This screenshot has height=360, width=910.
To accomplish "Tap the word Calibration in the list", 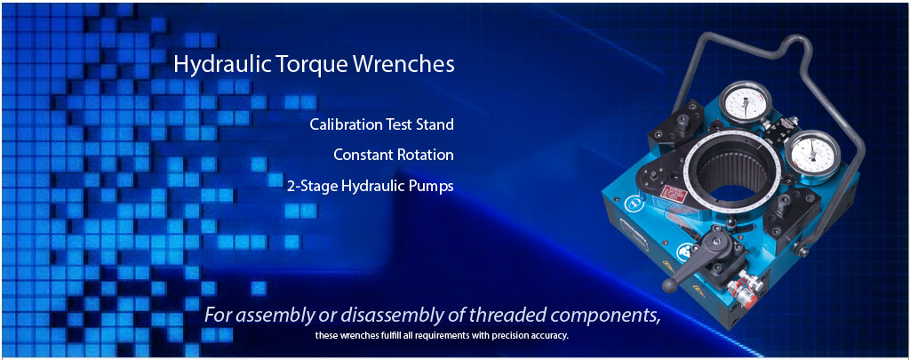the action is (x=344, y=124).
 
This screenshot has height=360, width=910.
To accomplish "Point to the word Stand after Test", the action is (x=435, y=124).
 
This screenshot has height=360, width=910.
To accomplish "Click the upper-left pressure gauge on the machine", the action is (x=746, y=102).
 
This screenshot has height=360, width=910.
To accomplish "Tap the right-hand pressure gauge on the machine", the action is (x=815, y=153).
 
